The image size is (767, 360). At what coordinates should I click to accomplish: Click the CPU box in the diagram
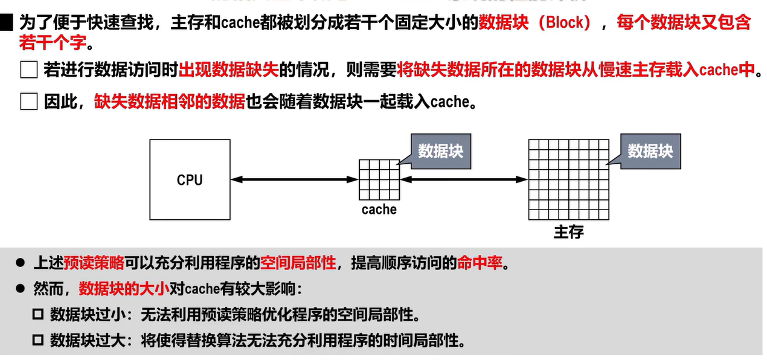coord(190,179)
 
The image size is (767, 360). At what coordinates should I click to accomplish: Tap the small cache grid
coord(379,179)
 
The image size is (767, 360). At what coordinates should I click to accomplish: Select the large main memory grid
coord(568,179)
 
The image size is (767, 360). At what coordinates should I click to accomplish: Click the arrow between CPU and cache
coord(295,179)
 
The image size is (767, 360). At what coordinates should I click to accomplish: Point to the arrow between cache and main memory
coord(464,179)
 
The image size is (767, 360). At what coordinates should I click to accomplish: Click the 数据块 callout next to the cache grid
coord(440,150)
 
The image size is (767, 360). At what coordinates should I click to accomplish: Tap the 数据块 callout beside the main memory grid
coord(650,150)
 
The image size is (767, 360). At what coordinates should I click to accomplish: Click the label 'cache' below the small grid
coord(379,210)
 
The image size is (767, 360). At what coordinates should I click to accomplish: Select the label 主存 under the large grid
coord(568,232)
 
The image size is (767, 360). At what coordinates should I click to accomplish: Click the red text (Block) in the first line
coord(565,23)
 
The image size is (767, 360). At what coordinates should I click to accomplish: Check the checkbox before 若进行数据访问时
coord(28,70)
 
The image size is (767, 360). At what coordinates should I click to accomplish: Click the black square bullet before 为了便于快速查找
coord(7,24)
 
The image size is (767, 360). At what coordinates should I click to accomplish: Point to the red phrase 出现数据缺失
coord(229,70)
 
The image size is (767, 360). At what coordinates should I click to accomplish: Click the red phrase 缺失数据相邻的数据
coord(169,101)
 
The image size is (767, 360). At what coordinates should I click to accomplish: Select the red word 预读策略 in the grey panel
coord(94,263)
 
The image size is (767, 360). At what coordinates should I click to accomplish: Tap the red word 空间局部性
coord(298,263)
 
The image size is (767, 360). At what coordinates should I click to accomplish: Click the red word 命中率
coord(480,263)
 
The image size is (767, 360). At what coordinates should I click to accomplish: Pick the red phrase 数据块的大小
coord(124,289)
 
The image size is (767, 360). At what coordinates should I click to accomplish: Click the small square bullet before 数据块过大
coord(38,341)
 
